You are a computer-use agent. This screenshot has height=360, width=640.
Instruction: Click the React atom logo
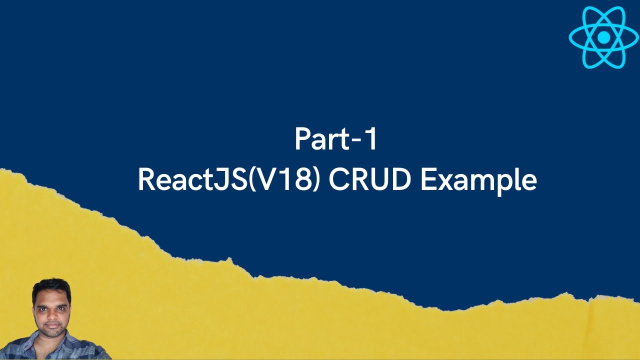click(x=604, y=37)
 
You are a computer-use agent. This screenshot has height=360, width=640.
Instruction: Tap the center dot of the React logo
click(x=604, y=37)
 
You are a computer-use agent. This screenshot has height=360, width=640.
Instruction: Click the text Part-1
click(x=335, y=140)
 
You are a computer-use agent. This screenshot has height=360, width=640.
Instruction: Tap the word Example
click(x=478, y=181)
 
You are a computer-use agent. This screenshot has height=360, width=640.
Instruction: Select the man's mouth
click(x=51, y=327)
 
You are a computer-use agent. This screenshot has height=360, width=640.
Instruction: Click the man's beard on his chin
click(x=51, y=335)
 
